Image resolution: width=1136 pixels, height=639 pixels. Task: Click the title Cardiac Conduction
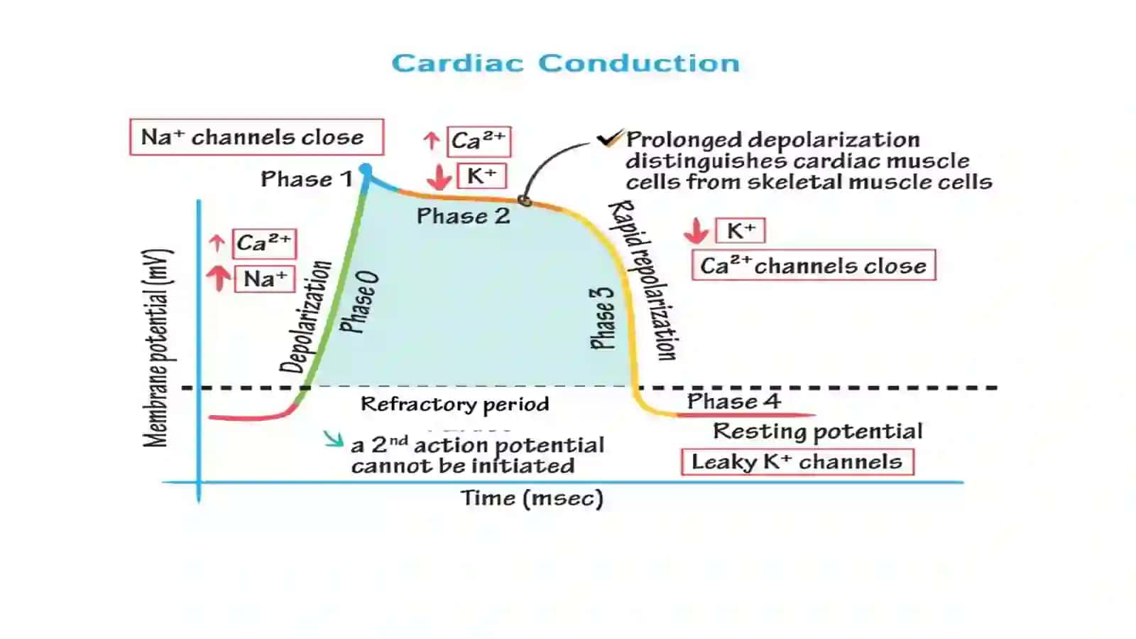[x=565, y=63]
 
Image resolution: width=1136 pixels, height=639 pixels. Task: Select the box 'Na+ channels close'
[x=256, y=137]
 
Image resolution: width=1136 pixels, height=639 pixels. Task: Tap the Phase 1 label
[x=306, y=179]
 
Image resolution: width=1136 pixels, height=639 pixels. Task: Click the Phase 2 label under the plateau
[x=463, y=216]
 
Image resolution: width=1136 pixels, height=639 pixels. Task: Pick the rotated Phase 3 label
[x=603, y=318]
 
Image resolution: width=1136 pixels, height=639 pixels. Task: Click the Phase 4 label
[x=734, y=402]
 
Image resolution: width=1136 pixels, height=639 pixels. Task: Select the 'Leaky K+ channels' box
[x=798, y=462]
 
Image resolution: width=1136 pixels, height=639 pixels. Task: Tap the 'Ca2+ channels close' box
[x=814, y=265]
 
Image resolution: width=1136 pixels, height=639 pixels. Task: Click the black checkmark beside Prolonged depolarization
[x=609, y=138]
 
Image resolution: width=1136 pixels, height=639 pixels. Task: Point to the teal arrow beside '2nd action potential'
[x=333, y=439]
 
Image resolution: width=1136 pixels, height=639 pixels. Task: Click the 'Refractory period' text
[x=455, y=404]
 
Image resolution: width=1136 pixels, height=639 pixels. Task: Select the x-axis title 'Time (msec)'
[x=532, y=498]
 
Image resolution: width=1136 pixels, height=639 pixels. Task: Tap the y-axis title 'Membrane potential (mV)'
[x=158, y=348]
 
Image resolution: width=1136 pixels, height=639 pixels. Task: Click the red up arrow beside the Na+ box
[x=219, y=279]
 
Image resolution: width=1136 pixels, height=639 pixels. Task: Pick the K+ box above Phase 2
[x=482, y=176]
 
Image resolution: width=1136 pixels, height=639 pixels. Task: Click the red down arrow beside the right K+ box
[x=697, y=231]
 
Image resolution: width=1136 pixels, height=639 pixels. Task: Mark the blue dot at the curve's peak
[x=365, y=169]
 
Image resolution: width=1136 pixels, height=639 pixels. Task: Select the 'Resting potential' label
[x=817, y=431]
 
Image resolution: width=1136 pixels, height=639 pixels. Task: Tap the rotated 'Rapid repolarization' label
[x=643, y=279]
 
